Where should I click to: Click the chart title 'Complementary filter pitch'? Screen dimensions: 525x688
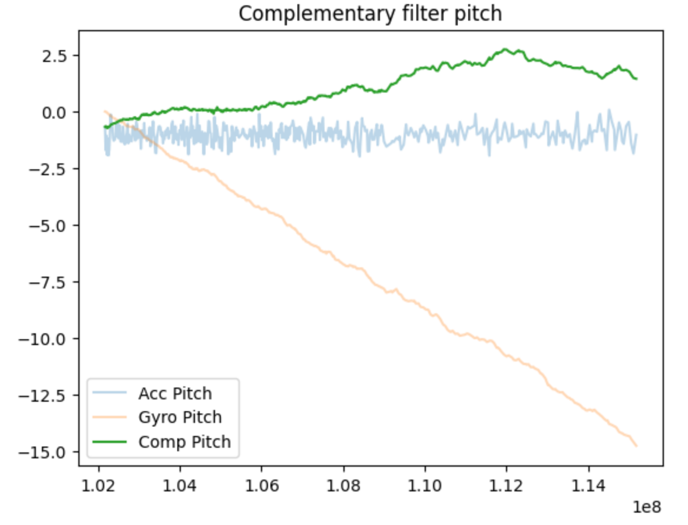[370, 14]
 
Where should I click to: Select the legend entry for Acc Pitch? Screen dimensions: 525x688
[175, 393]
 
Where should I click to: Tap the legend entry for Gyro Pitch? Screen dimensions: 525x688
[180, 417]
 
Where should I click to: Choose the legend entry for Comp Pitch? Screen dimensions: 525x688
[184, 441]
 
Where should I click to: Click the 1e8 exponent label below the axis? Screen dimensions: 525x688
[647, 507]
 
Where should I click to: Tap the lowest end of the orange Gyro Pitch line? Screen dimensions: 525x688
[636, 446]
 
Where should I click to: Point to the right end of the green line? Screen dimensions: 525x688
[636, 78]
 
